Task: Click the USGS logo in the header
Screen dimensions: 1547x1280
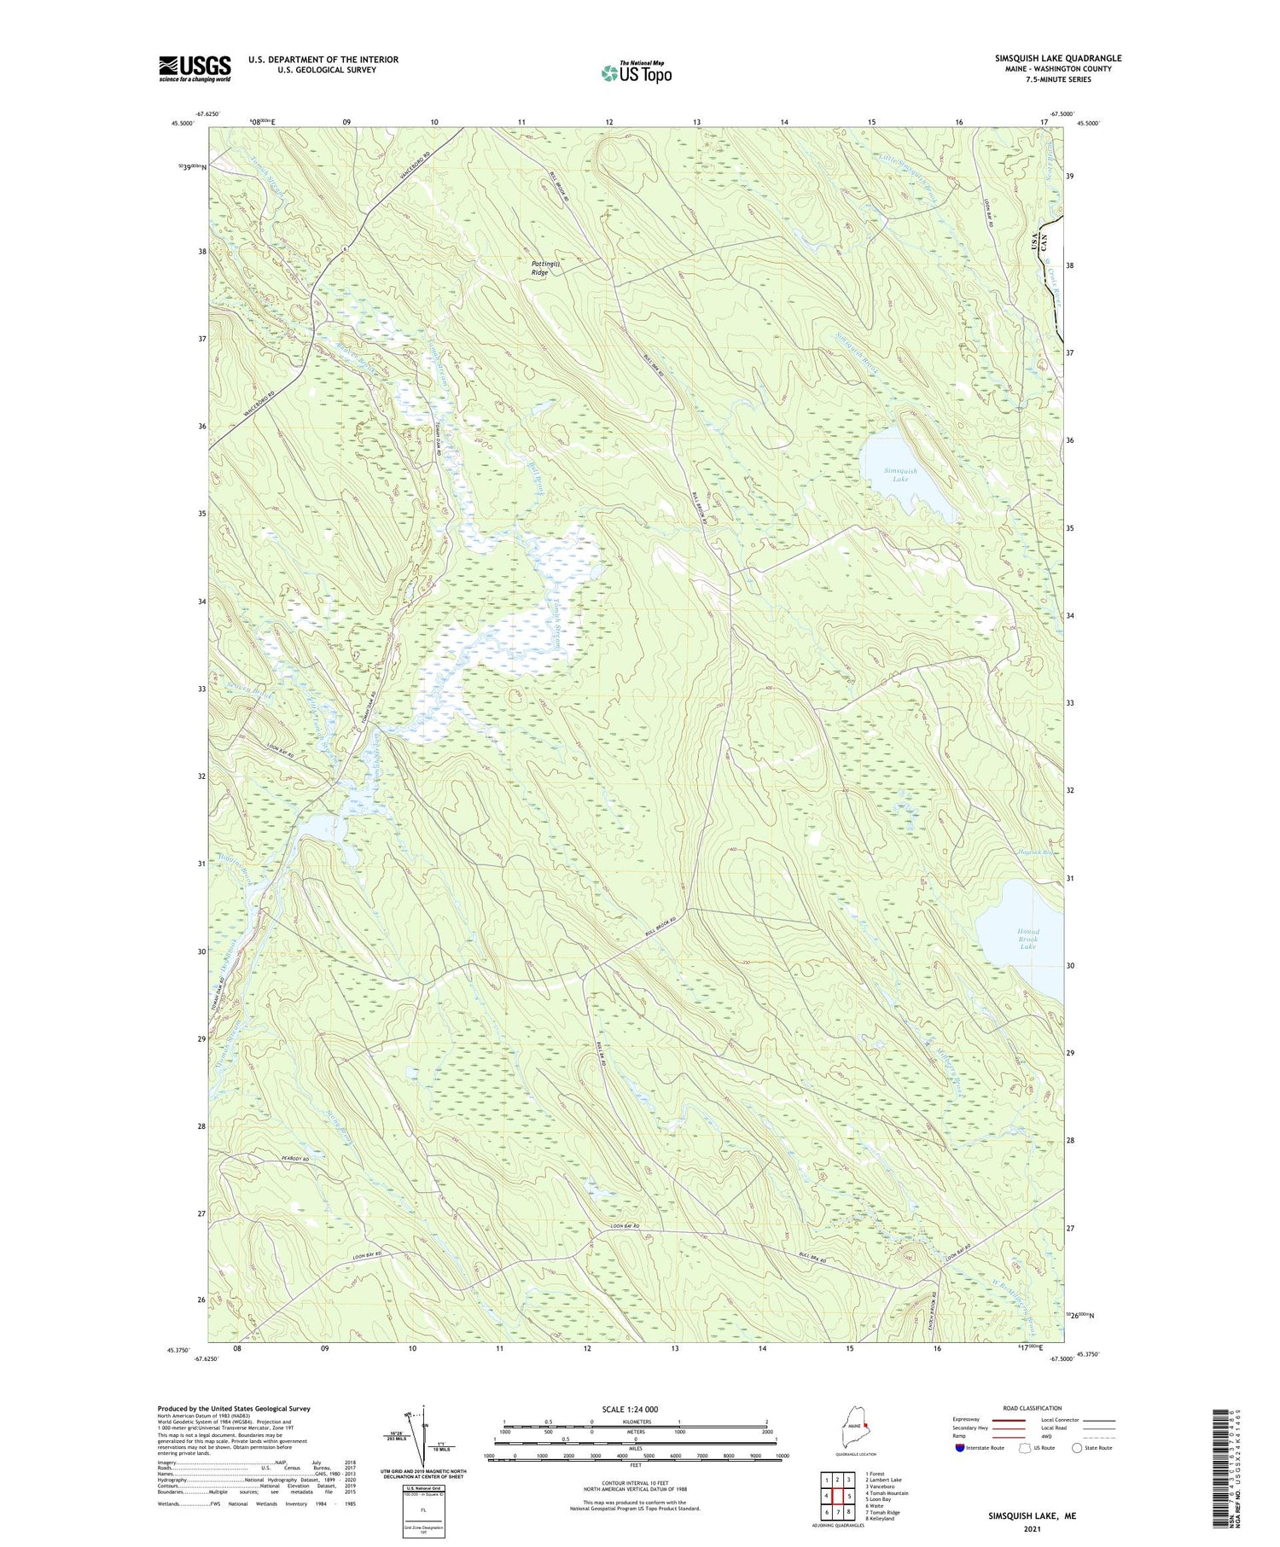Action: [195, 68]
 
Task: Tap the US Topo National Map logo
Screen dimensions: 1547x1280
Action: [636, 73]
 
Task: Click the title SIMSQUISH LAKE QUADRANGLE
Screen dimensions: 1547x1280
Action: [1057, 58]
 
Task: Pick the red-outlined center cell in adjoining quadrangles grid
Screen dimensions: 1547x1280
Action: [839, 1495]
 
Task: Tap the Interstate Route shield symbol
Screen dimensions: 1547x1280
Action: [962, 1448]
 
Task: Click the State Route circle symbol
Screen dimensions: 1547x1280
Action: [1077, 1448]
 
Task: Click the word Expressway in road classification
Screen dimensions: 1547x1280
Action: [970, 1420]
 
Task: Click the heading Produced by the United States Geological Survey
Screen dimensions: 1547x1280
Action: [233, 1409]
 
